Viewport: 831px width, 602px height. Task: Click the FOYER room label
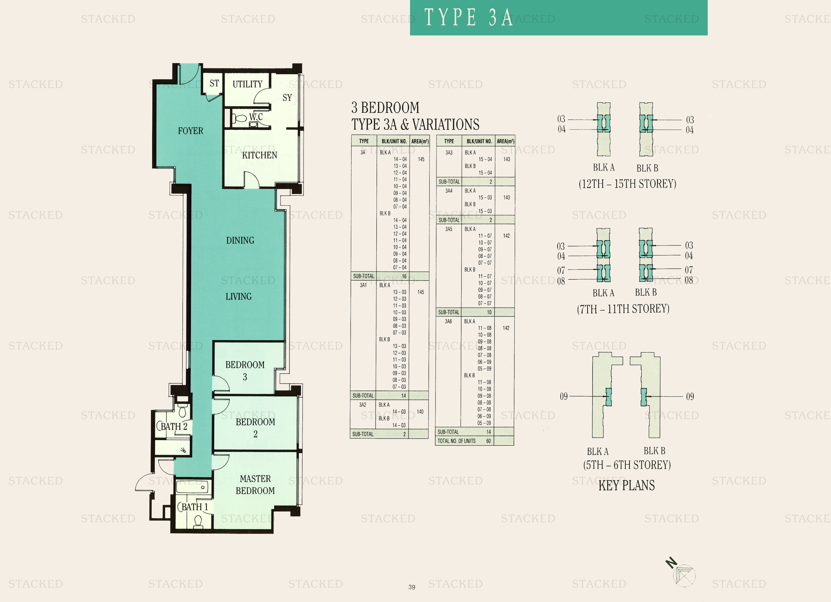pyautogui.click(x=190, y=131)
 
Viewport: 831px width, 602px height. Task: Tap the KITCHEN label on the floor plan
pyautogui.click(x=259, y=155)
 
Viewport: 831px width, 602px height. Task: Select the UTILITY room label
pyautogui.click(x=247, y=84)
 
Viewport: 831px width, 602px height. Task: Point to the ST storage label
pyautogui.click(x=214, y=84)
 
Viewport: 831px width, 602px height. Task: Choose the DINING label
pyautogui.click(x=240, y=241)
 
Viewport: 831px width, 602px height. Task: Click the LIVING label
pyautogui.click(x=239, y=297)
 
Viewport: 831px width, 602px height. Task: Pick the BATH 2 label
pyautogui.click(x=174, y=426)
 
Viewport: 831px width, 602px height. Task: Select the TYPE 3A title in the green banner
pyautogui.click(x=468, y=17)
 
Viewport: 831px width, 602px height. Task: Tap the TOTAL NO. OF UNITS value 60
pyautogui.click(x=488, y=441)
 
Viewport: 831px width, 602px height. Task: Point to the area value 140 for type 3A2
pyautogui.click(x=420, y=412)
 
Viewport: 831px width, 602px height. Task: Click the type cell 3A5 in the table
pyautogui.click(x=449, y=229)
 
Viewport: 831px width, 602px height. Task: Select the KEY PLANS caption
pyautogui.click(x=626, y=485)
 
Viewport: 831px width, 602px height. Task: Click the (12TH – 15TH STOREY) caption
pyautogui.click(x=627, y=184)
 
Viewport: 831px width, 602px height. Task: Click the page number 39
pyautogui.click(x=412, y=587)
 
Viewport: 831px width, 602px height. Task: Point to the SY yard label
pyautogui.click(x=287, y=98)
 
